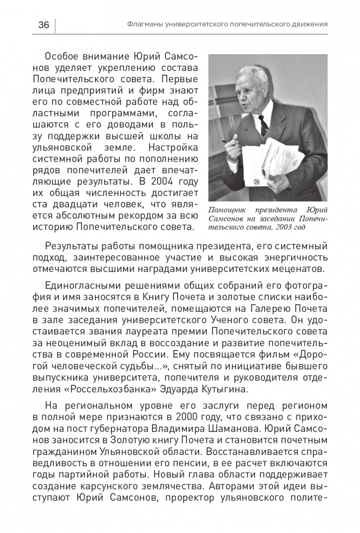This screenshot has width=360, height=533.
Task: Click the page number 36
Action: tap(43, 25)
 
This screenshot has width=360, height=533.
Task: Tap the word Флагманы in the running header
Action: tap(145, 24)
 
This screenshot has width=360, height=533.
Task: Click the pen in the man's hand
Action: tap(230, 141)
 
